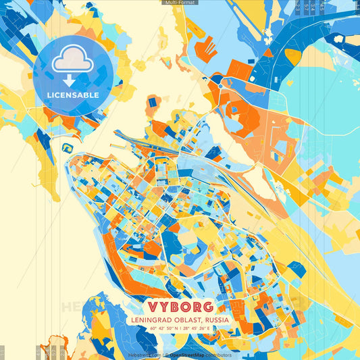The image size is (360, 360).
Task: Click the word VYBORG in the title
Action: click(180, 306)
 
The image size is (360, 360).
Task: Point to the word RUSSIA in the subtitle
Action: click(215, 319)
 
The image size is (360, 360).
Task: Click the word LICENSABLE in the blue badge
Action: click(73, 95)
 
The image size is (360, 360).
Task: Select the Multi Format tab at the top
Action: click(179, 3)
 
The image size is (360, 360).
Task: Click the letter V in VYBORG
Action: click(149, 306)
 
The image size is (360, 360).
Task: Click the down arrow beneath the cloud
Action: click(70, 80)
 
